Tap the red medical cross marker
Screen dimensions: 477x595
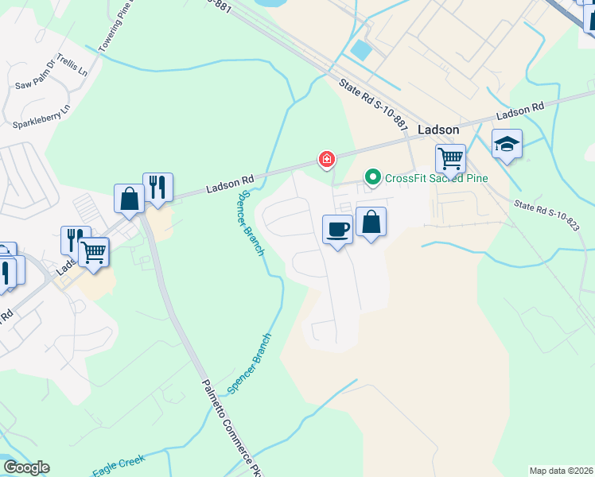click(326, 160)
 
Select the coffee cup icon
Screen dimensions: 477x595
click(338, 230)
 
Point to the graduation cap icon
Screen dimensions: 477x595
click(507, 144)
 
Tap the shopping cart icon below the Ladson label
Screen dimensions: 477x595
click(450, 158)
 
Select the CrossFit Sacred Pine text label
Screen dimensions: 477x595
click(436, 178)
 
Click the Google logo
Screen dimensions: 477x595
click(25, 467)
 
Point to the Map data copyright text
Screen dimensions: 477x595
click(561, 471)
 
